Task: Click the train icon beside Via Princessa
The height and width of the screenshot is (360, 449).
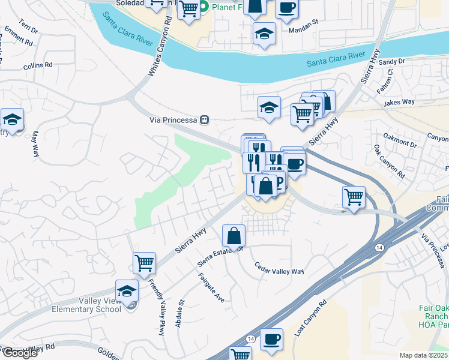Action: (205, 120)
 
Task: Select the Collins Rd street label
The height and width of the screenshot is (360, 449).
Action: (38, 65)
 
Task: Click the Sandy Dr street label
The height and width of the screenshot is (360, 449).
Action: (392, 61)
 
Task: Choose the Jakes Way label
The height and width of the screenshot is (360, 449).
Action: (399, 102)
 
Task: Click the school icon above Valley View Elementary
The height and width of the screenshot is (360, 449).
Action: (127, 290)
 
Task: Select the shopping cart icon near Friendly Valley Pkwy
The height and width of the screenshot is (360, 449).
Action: (144, 262)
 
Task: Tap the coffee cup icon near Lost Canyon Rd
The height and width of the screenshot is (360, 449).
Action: (272, 338)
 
